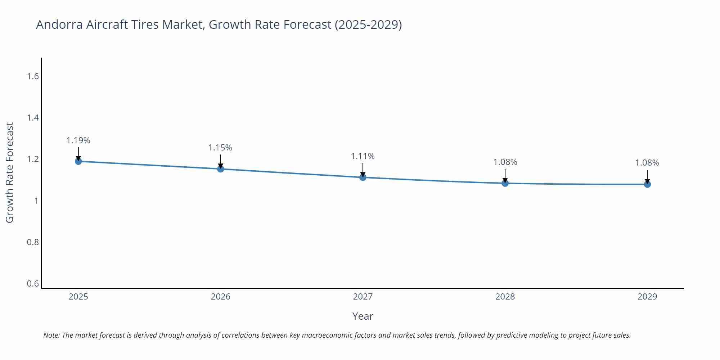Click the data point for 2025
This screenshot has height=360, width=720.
tap(78, 161)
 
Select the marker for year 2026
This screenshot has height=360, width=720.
tap(221, 169)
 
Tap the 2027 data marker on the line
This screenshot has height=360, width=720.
tap(363, 177)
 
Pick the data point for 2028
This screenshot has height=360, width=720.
tap(505, 183)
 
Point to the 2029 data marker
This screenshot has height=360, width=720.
tap(647, 184)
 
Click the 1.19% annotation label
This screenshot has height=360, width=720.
tap(78, 140)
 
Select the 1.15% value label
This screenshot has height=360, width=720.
tap(220, 148)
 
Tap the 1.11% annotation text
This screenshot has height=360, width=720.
tap(363, 156)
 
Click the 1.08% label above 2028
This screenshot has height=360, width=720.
tap(505, 162)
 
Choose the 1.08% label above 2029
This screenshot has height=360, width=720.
tap(647, 163)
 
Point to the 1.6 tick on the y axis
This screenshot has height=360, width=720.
tap(33, 76)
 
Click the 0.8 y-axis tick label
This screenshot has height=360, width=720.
tap(33, 242)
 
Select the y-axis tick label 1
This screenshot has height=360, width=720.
tap(36, 201)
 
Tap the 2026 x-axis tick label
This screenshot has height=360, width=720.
tap(221, 297)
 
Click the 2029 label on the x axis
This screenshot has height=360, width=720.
tap(647, 297)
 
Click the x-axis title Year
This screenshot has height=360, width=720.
tap(363, 316)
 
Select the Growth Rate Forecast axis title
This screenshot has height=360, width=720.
tap(10, 173)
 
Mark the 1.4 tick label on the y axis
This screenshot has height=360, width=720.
tap(33, 118)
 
